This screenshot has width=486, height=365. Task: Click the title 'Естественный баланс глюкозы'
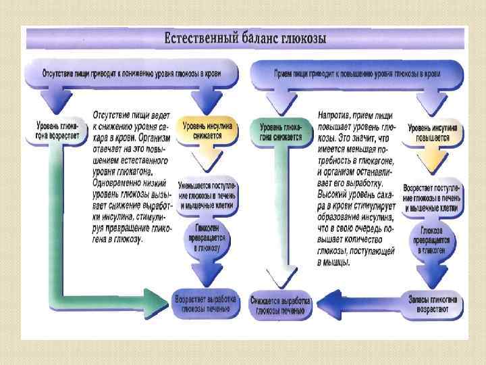[x=246, y=38]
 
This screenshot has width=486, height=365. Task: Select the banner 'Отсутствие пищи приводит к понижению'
[x=131, y=72]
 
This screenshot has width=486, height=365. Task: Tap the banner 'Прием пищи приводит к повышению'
[x=358, y=72]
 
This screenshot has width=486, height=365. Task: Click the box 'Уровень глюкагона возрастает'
[x=57, y=130]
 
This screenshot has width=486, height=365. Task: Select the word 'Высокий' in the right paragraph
[x=336, y=192]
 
